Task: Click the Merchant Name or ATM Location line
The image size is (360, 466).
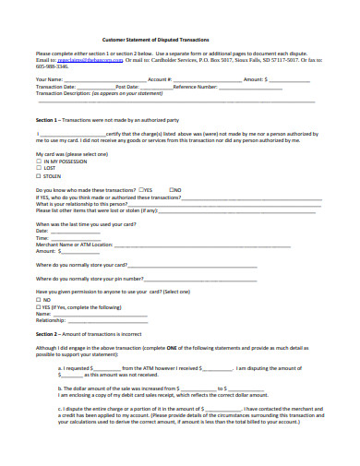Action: pos(138,245)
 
